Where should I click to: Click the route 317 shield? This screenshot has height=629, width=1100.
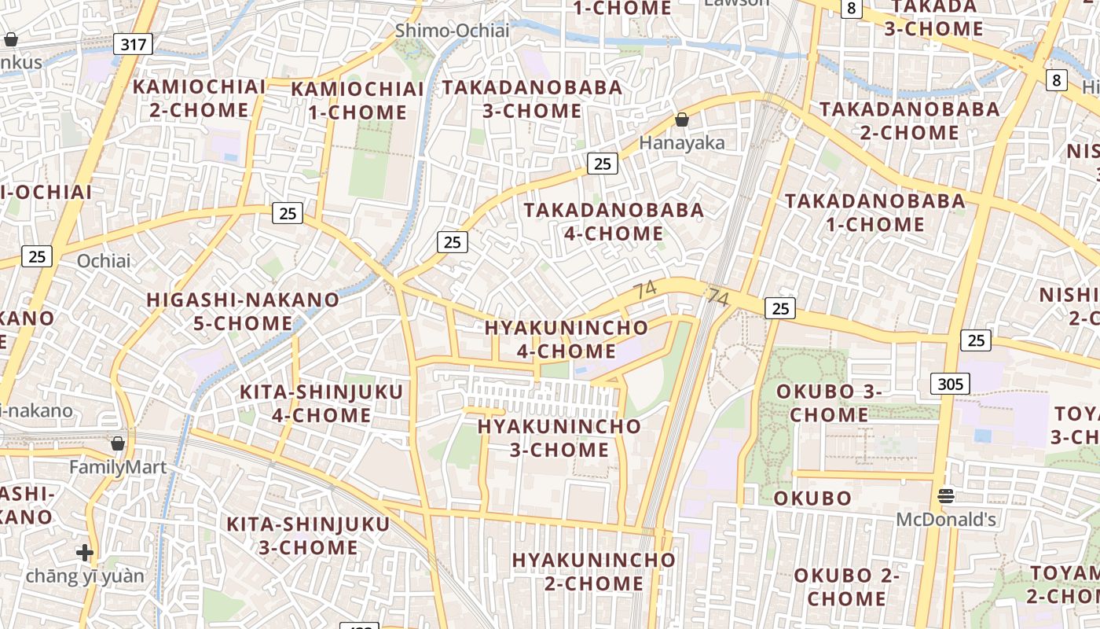[133, 44]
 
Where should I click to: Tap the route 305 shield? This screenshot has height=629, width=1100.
[950, 384]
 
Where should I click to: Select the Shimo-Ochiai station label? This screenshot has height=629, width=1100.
[452, 31]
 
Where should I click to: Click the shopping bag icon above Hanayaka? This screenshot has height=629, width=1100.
[682, 120]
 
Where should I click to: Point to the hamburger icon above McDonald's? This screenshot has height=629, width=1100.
[946, 496]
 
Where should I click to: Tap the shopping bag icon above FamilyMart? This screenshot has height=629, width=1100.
[118, 443]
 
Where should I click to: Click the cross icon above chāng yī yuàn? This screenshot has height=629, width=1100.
[85, 553]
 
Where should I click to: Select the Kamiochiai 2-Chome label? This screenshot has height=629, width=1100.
[199, 98]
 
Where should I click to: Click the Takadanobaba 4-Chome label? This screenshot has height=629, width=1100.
[614, 222]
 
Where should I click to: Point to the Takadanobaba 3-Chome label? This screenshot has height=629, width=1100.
[532, 99]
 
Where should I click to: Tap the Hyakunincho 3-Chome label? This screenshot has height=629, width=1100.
[559, 438]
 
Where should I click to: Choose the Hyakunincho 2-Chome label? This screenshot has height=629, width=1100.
[594, 572]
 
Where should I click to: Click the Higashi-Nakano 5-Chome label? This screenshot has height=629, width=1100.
[244, 311]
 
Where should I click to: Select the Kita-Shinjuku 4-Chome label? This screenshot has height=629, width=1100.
[321, 403]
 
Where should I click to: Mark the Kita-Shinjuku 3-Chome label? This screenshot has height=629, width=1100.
[309, 535]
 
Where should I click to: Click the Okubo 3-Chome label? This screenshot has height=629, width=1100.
[829, 403]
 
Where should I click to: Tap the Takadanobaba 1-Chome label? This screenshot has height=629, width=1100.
[875, 212]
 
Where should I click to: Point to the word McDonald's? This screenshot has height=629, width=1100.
[946, 520]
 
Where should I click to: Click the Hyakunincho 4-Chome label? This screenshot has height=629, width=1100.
[566, 339]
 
